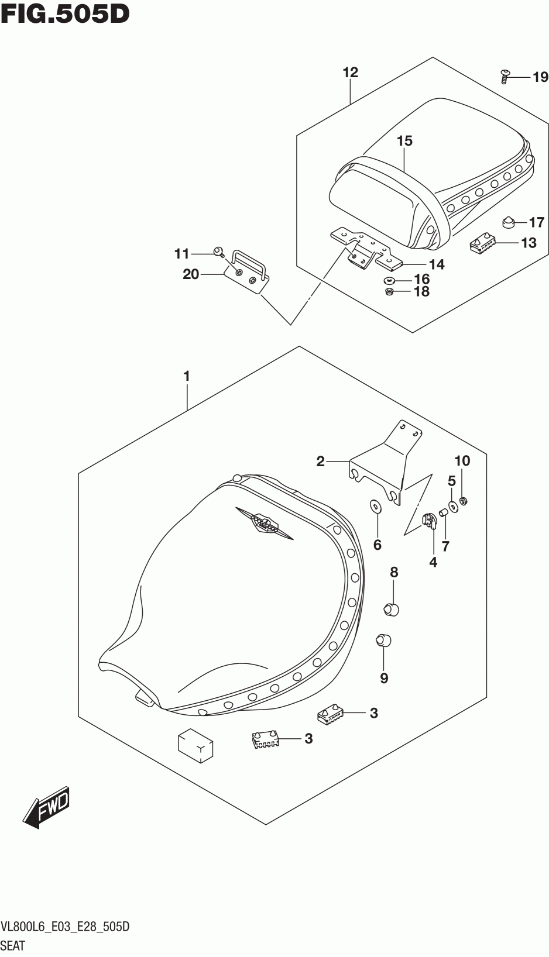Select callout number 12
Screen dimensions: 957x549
click(350, 73)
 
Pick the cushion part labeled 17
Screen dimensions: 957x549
click(508, 222)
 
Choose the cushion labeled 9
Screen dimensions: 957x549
click(382, 639)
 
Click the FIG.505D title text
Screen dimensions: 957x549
click(64, 13)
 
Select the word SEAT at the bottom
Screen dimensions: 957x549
click(13, 945)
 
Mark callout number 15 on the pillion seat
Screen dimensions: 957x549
click(404, 141)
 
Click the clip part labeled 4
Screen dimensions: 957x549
click(431, 521)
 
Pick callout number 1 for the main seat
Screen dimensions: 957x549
click(187, 376)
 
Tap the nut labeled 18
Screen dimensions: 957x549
click(389, 291)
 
